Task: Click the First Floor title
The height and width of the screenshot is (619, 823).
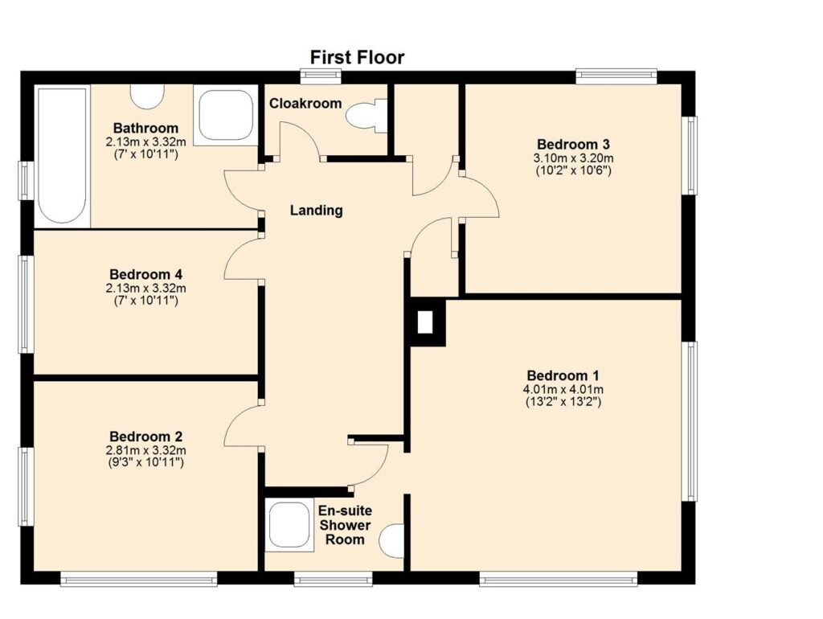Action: (357, 57)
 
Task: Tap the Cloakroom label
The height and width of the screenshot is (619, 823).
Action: (305, 104)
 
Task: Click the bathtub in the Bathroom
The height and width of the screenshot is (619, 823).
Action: (62, 156)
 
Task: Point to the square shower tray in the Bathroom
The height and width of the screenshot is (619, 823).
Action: (226, 116)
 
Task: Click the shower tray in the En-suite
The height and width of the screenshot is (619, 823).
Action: (289, 526)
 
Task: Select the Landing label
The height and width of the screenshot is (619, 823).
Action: (317, 211)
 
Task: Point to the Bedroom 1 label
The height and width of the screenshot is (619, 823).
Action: (563, 376)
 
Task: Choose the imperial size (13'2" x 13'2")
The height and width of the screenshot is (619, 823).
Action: (563, 403)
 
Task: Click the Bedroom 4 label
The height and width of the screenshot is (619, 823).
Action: (146, 275)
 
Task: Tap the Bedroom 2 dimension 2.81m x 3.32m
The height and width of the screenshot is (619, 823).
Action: (146, 450)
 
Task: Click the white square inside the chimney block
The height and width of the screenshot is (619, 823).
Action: (424, 322)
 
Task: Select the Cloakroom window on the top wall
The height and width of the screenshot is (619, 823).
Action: (321, 76)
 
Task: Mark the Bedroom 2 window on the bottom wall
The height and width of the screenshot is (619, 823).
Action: (138, 579)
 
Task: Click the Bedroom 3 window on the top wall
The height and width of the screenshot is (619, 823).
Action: (616, 76)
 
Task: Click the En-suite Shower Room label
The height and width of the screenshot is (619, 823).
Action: (345, 525)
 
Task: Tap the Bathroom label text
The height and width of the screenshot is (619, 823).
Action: (146, 128)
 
